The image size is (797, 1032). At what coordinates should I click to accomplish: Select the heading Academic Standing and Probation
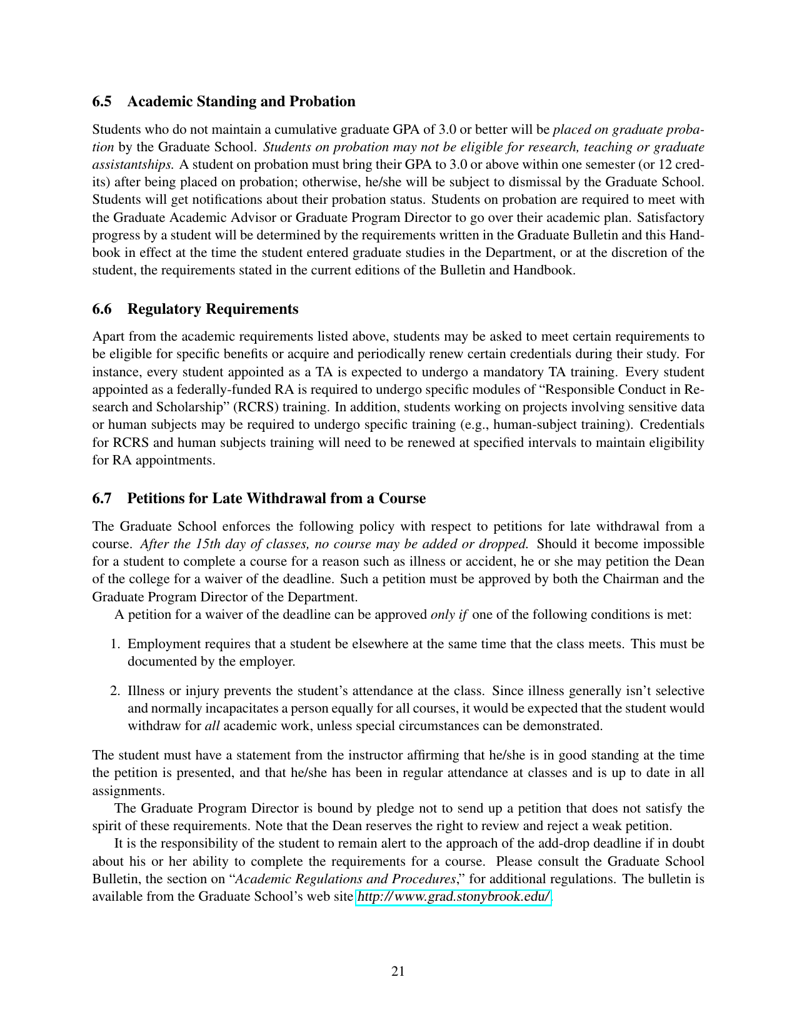(x=241, y=102)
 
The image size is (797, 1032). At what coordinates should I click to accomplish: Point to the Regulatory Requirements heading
(x=213, y=309)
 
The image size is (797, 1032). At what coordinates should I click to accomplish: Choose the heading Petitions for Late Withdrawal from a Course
(x=276, y=498)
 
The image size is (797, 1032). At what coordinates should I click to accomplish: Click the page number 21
(x=398, y=971)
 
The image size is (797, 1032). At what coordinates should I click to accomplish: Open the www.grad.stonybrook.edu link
(x=453, y=897)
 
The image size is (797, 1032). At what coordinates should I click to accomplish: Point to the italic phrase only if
(x=449, y=614)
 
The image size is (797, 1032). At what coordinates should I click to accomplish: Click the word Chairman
(x=631, y=579)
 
